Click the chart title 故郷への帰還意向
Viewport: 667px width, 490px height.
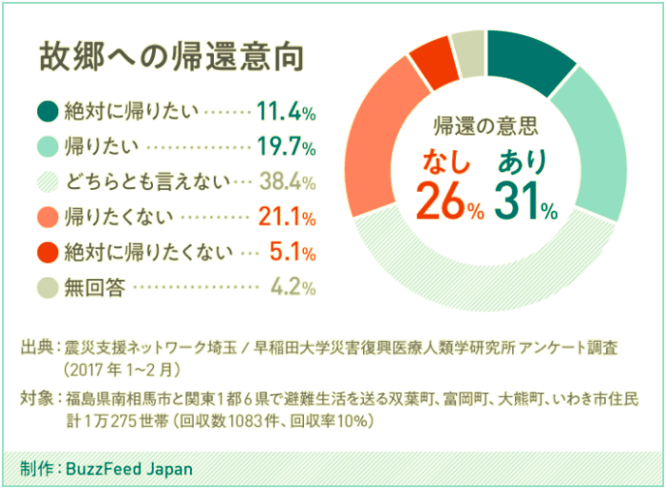tap(170, 55)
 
